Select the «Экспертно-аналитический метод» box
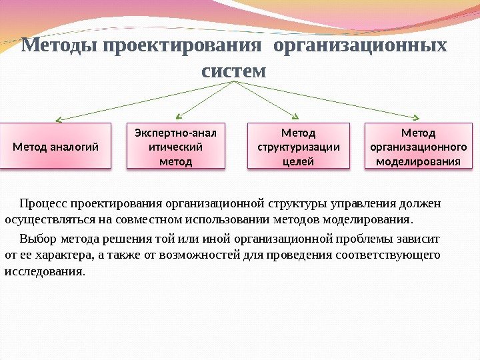click(177, 146)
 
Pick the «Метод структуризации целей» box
click(298, 146)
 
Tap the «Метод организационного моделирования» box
click(419, 146)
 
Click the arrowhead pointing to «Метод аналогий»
click(58, 120)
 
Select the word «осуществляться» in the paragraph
click(45, 219)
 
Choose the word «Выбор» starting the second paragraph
click(38, 238)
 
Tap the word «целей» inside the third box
click(298, 161)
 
